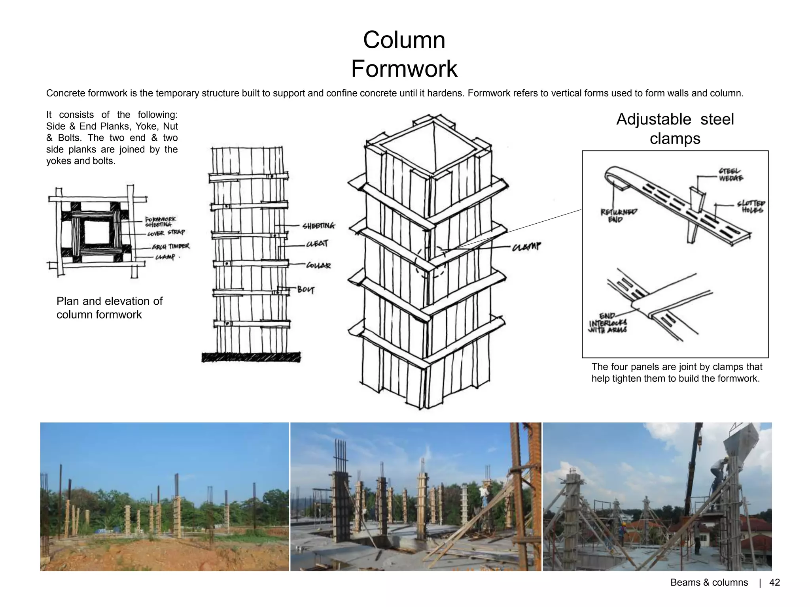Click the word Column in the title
pyautogui.click(x=404, y=40)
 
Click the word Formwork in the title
pyautogui.click(x=404, y=69)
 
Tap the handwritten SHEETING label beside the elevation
pyautogui.click(x=318, y=226)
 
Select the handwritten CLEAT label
pyautogui.click(x=317, y=244)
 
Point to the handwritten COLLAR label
pyautogui.click(x=318, y=266)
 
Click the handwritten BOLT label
pyautogui.click(x=306, y=290)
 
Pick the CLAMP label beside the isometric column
pyautogui.click(x=526, y=247)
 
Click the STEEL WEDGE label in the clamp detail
pyautogui.click(x=731, y=175)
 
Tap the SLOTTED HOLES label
pyautogui.click(x=751, y=207)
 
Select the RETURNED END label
pyautogui.click(x=619, y=215)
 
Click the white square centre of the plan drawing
pyautogui.click(x=97, y=232)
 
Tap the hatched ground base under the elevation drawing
pyautogui.click(x=251, y=357)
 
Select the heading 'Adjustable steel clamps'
pyautogui.click(x=675, y=129)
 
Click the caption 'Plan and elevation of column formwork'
pyautogui.click(x=109, y=308)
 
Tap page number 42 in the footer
pyautogui.click(x=774, y=582)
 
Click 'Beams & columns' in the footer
pyautogui.click(x=709, y=582)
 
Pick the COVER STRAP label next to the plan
pyautogui.click(x=166, y=233)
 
